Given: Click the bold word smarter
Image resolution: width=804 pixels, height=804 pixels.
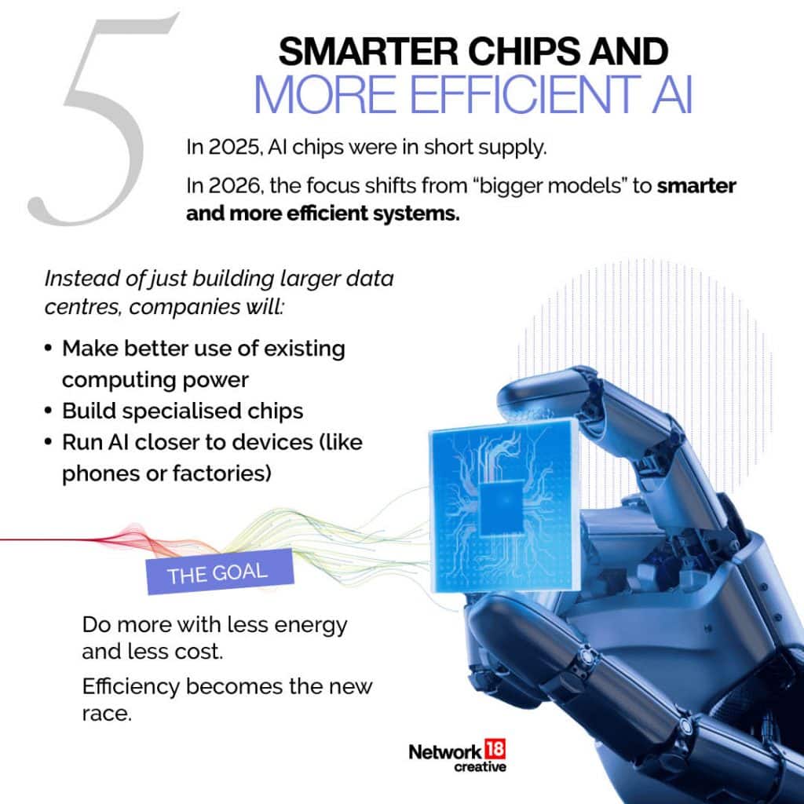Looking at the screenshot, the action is point(696,185).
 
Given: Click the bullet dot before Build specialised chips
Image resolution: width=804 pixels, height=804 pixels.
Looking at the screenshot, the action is point(48,411).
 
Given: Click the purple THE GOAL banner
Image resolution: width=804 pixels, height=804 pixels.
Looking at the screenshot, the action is point(220,572).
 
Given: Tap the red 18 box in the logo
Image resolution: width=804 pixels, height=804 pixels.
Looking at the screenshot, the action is point(495,750).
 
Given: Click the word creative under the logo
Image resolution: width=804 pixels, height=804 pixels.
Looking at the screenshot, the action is point(480,767).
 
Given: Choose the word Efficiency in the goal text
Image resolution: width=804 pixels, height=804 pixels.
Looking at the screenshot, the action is point(131,687).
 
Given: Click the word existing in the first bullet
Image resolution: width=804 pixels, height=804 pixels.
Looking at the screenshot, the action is point(304,349).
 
